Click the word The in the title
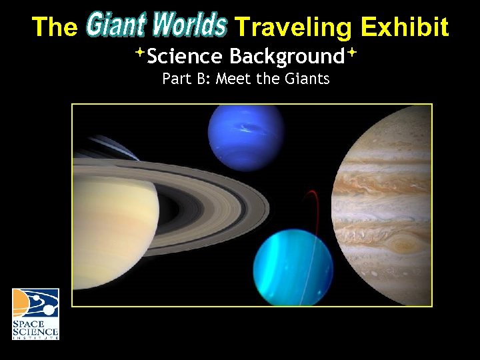[x=55, y=27]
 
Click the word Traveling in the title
[x=294, y=27]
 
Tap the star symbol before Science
[x=141, y=52]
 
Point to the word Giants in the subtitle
[x=305, y=79]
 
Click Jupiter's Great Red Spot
[x=401, y=241]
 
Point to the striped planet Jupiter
[x=387, y=200]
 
